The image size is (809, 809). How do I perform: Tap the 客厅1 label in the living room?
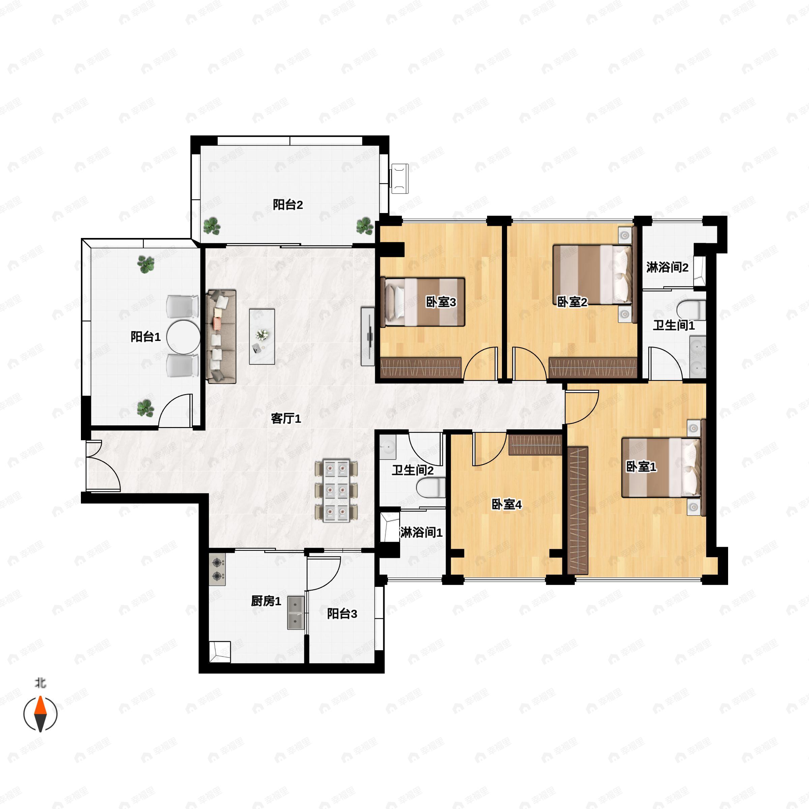click(x=286, y=418)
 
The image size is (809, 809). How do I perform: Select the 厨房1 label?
click(x=266, y=601)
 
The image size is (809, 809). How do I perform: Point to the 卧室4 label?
click(x=506, y=504)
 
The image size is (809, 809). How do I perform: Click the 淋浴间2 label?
click(x=667, y=267)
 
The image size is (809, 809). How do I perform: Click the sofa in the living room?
click(x=221, y=336)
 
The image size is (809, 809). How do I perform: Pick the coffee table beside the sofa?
click(x=262, y=337)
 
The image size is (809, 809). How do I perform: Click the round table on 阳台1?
click(x=183, y=337)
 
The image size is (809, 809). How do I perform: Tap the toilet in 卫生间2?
click(x=430, y=488)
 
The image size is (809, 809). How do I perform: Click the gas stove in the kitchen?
click(x=217, y=569)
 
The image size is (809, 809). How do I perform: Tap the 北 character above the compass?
click(x=40, y=683)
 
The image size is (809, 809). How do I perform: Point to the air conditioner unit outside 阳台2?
click(x=399, y=178)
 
